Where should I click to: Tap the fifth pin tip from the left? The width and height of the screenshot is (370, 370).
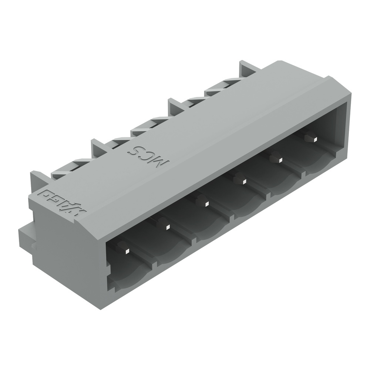coord(280,159)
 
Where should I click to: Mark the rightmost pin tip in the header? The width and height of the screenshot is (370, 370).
coord(314,139)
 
